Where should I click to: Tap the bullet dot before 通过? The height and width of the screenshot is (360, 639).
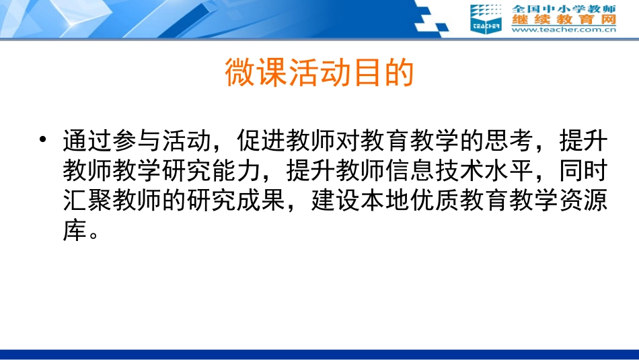tap(44, 141)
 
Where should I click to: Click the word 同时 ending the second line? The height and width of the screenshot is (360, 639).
tap(584, 173)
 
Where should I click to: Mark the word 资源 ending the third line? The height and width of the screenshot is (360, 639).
tap(584, 203)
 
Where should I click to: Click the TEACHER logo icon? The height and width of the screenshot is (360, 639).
tap(486, 17)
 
